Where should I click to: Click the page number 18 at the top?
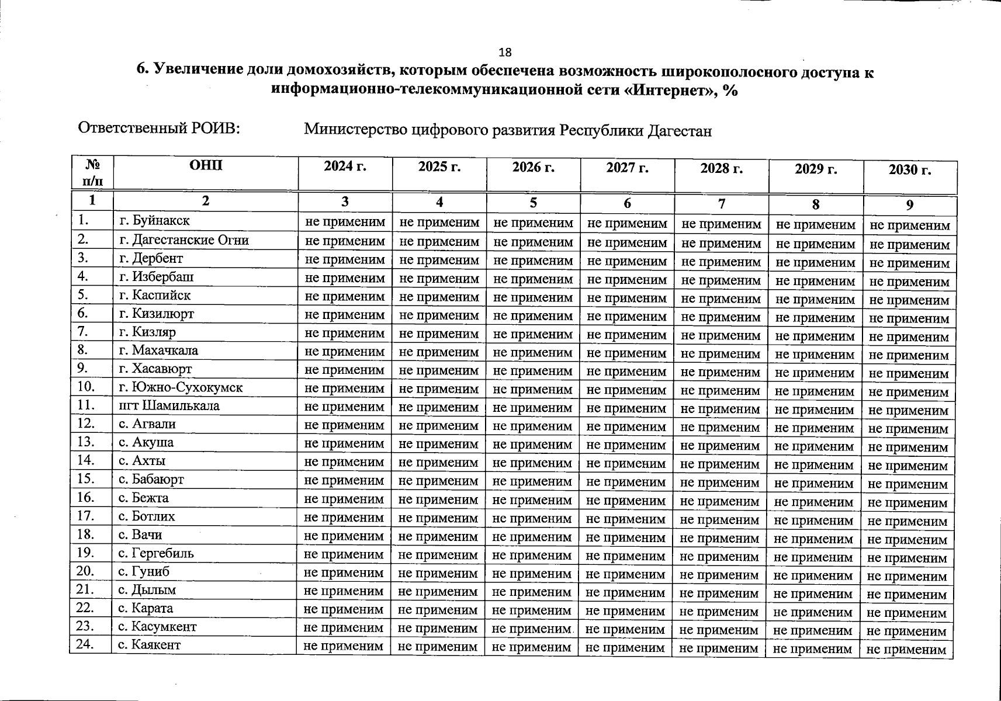point(505,53)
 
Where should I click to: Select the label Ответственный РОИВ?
point(160,129)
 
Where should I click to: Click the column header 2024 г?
point(345,167)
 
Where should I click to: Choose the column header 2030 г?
point(909,170)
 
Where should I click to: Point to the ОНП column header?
point(206,166)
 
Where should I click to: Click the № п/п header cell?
point(92,172)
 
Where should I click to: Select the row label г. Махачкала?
point(158,350)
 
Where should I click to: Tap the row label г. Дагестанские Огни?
point(183,240)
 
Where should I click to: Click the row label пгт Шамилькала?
point(169,405)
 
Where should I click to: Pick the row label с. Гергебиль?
point(155,553)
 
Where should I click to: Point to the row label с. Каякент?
point(149,645)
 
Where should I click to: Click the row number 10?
point(86,387)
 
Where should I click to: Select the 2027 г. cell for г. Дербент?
point(627,261)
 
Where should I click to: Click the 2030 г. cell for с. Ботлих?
point(908,521)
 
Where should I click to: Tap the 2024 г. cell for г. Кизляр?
point(345,334)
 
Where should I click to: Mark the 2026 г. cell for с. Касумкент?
point(531,629)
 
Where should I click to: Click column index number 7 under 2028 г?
point(722,204)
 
